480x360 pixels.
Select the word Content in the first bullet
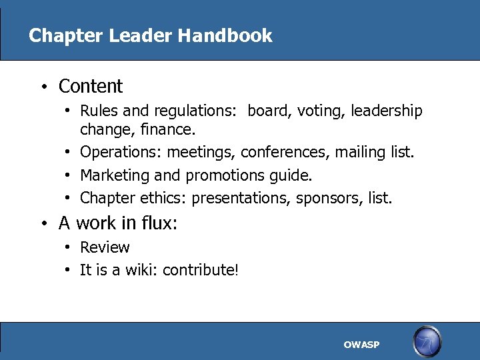pyautogui.click(x=91, y=87)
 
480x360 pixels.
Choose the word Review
pyautogui.click(x=105, y=247)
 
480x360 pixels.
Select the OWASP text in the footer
pyautogui.click(x=361, y=345)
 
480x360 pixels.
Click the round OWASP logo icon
pyautogui.click(x=427, y=341)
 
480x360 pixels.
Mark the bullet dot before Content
pyautogui.click(x=42, y=87)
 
